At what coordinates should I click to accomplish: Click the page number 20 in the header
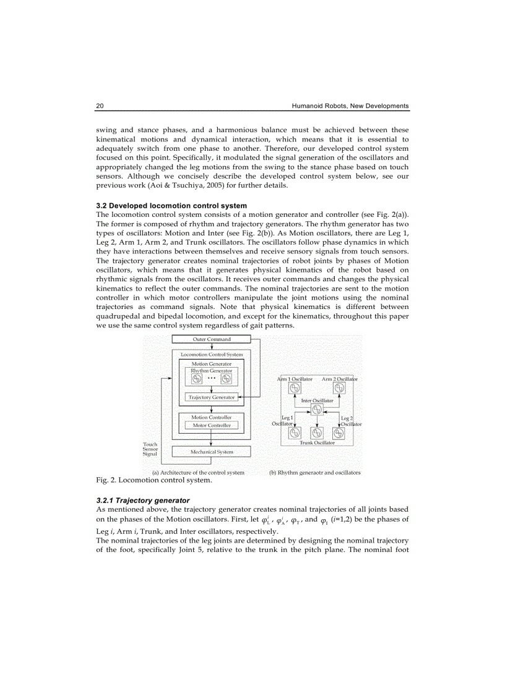pyautogui.click(x=100, y=106)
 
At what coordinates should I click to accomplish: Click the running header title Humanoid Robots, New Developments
pyautogui.click(x=350, y=106)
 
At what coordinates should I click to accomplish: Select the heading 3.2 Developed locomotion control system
pyautogui.click(x=171, y=205)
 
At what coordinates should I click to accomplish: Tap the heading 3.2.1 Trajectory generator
pyautogui.click(x=143, y=499)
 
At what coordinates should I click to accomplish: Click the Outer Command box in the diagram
pyautogui.click(x=211, y=339)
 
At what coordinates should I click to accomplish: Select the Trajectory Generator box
pyautogui.click(x=212, y=397)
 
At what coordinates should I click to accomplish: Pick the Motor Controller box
pyautogui.click(x=212, y=425)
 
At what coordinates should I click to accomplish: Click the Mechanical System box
pyautogui.click(x=212, y=452)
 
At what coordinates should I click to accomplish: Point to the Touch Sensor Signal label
pyautogui.click(x=150, y=449)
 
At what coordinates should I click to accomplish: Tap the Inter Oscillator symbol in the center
pyautogui.click(x=317, y=410)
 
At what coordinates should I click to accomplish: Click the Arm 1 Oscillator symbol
pyautogui.click(x=295, y=387)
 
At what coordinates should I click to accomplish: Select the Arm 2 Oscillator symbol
pyautogui.click(x=339, y=387)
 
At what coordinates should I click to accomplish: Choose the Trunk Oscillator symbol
pyautogui.click(x=317, y=433)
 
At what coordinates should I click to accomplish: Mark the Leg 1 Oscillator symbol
pyautogui.click(x=295, y=433)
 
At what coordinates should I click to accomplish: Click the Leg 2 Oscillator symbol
pyautogui.click(x=339, y=433)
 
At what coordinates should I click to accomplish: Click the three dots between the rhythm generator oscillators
pyautogui.click(x=212, y=378)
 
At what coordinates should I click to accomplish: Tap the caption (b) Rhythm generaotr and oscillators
pyautogui.click(x=314, y=473)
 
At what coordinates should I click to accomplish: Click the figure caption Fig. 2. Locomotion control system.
pyautogui.click(x=154, y=480)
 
